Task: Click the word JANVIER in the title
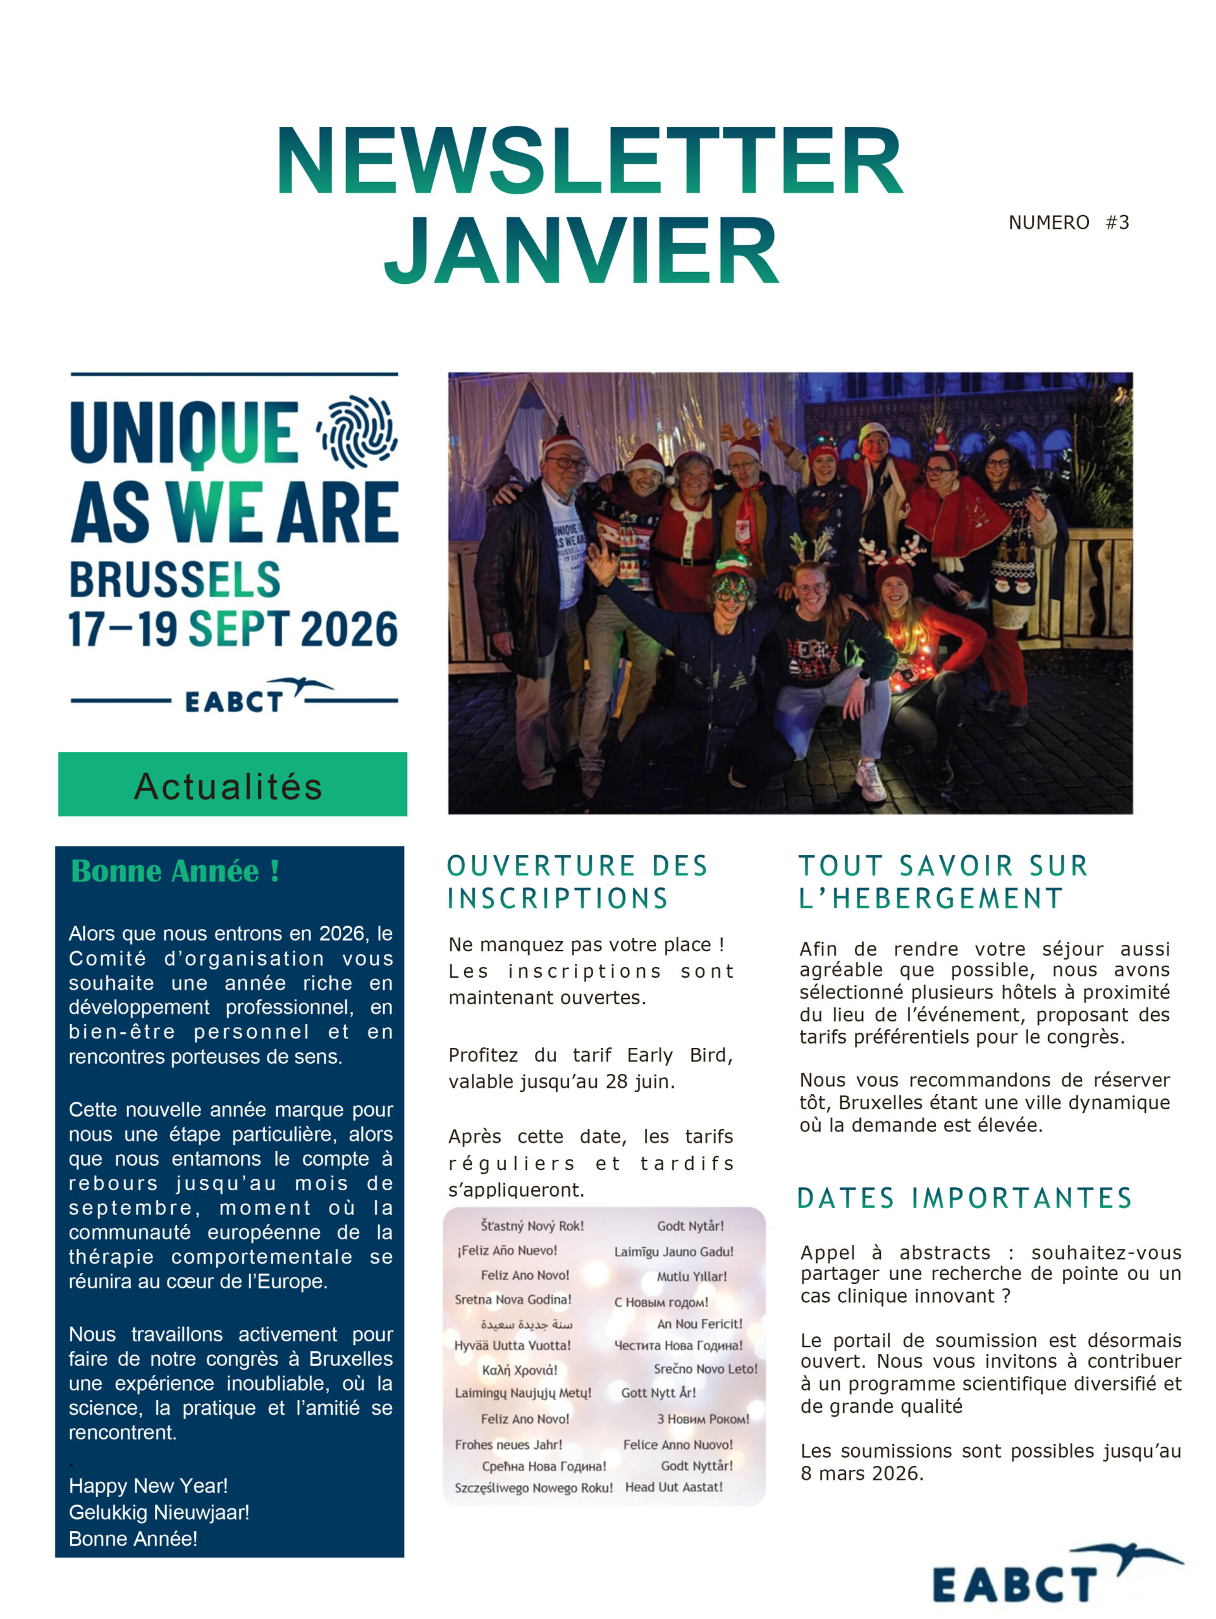582,250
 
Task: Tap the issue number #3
1117,223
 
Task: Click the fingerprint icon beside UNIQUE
357,432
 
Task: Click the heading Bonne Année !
175,871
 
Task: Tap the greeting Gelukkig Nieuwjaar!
159,1512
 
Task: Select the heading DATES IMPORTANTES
964,1198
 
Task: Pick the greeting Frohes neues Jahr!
508,1445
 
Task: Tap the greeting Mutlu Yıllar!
691,1276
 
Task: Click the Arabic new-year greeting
526,1324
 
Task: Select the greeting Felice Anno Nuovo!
677,1445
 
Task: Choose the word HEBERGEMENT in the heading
947,898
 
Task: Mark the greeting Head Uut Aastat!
673,1487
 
